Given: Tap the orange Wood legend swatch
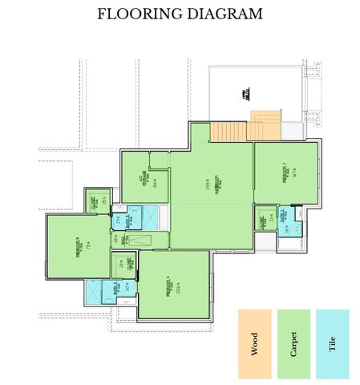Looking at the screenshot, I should pyautogui.click(x=255, y=344).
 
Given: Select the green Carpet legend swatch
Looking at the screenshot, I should pyautogui.click(x=293, y=344).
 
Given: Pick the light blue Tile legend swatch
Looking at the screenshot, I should pyautogui.click(x=333, y=344).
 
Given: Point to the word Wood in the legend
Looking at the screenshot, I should pyautogui.click(x=255, y=345).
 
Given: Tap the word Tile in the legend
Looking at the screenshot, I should pyautogui.click(x=333, y=345).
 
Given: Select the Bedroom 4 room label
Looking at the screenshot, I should pyautogui.click(x=169, y=287).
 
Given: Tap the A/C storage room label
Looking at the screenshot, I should pyautogui.click(x=145, y=177).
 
